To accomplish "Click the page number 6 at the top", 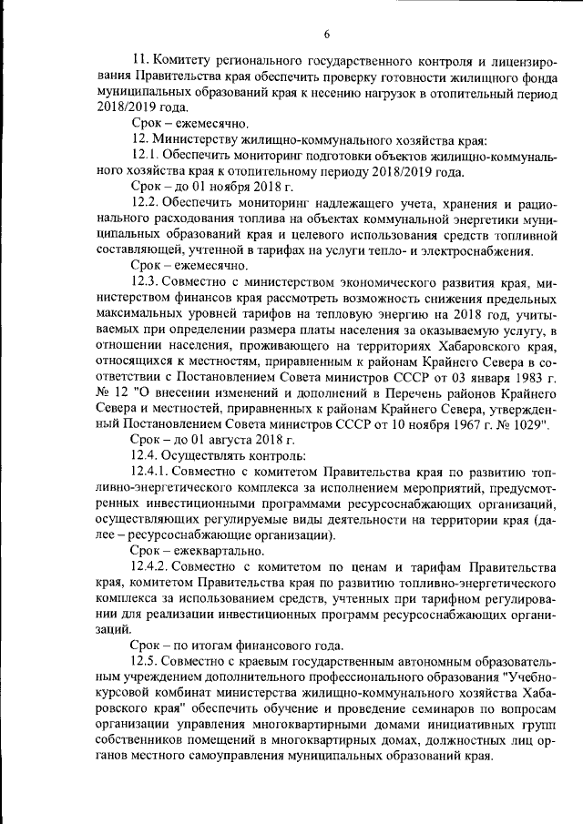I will coord(325,35).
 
